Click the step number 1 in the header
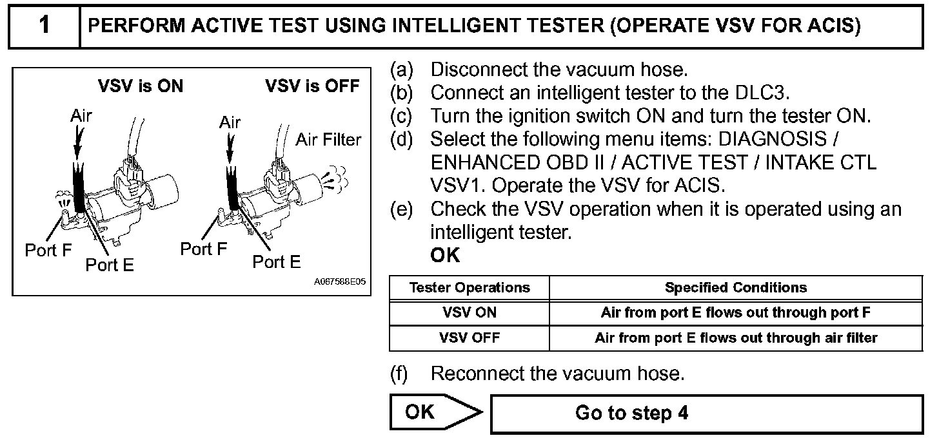44,26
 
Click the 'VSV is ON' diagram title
140,86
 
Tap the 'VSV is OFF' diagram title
312,86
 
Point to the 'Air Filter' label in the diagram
328,139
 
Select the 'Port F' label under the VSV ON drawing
48,250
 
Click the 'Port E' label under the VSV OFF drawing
276,262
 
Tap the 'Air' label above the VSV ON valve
81,116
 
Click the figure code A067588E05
340,282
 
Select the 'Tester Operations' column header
470,287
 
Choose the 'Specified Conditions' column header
736,287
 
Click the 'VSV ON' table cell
470,313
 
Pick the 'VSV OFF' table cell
470,338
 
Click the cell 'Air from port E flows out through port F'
736,313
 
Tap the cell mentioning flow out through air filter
736,338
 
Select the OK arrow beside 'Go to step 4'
435,412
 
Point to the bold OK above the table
445,255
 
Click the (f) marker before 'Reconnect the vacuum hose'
400,373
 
